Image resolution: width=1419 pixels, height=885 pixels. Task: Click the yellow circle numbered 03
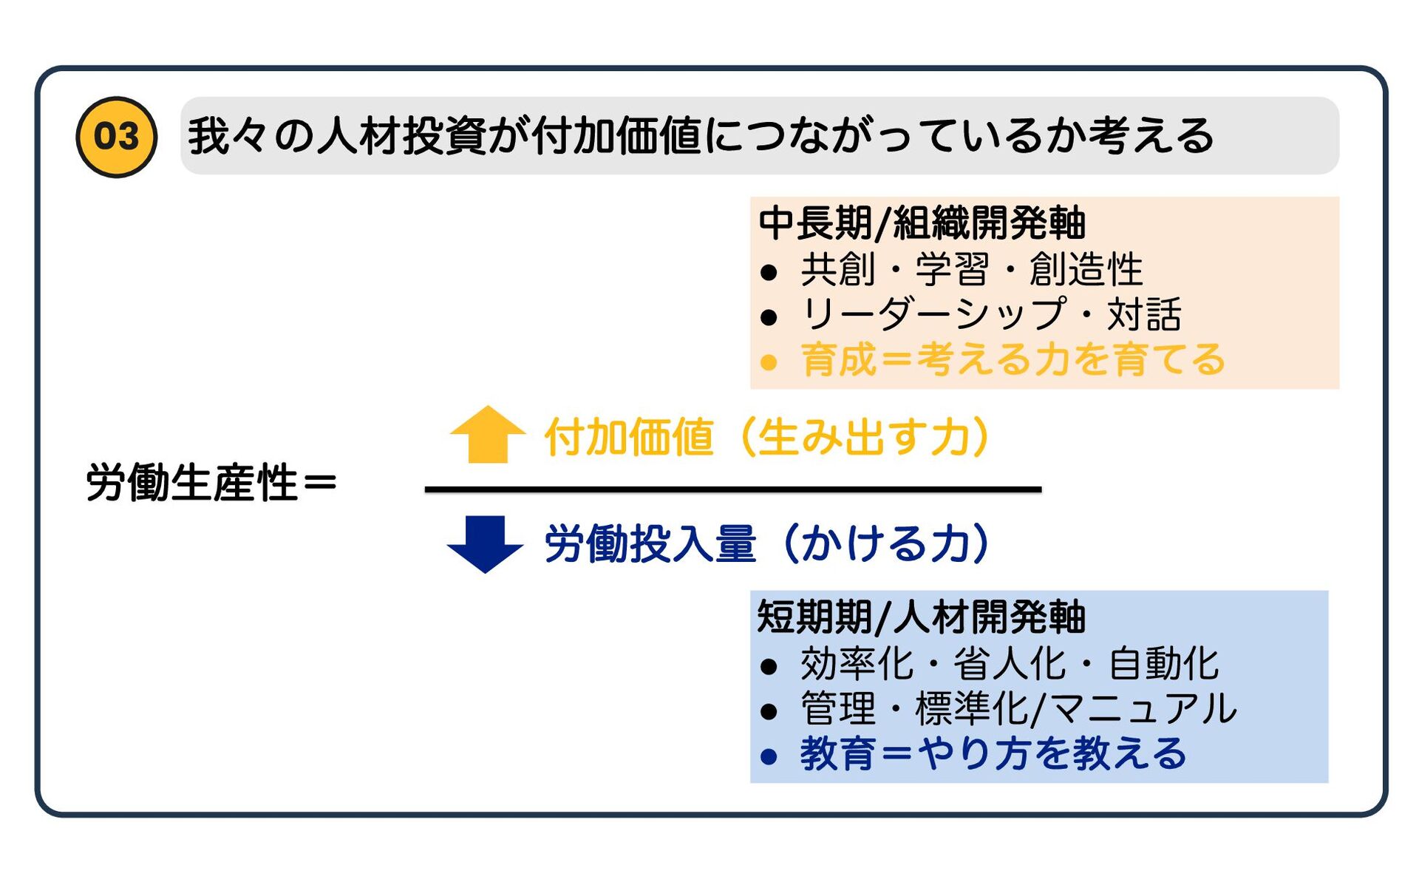[x=116, y=137]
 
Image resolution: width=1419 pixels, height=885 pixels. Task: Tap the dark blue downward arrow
[x=485, y=543]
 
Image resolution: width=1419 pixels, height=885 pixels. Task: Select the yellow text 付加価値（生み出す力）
[x=766, y=437]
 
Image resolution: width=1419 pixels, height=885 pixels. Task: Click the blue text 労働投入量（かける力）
[x=766, y=544]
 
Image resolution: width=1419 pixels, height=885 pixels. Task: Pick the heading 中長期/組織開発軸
[x=922, y=223]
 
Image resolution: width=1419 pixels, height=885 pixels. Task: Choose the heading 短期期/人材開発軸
[x=921, y=617]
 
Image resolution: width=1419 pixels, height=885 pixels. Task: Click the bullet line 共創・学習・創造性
[x=971, y=269]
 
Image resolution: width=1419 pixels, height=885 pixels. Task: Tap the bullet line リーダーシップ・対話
[x=990, y=315]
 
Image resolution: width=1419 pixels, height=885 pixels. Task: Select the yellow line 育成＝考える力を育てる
[x=1013, y=360]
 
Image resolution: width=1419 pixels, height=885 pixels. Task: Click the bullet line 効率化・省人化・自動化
[x=1009, y=663]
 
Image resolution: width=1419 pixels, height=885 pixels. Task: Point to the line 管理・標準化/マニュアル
[x=1018, y=709]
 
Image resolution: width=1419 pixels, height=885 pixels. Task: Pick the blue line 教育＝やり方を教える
[x=993, y=754]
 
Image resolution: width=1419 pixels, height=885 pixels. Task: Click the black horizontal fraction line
[x=732, y=489]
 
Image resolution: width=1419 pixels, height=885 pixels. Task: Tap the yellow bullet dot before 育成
[x=769, y=363]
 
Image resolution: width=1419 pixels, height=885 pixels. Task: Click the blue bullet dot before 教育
[x=769, y=756]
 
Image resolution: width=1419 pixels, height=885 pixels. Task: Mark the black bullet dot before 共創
[x=769, y=272]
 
